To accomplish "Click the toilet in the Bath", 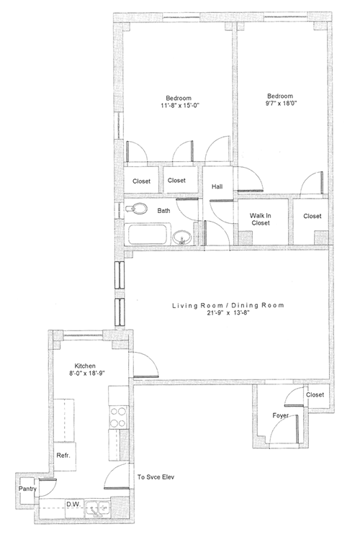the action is click(x=136, y=209).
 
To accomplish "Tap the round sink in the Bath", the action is click(x=182, y=238).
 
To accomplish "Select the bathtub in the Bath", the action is click(x=150, y=234).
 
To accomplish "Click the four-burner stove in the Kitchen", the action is click(x=118, y=417).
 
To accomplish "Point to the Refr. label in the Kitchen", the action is click(x=63, y=455).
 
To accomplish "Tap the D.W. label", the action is click(x=73, y=504).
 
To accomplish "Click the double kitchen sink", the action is click(x=98, y=509).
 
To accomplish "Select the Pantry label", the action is click(x=27, y=489).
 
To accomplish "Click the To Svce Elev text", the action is click(x=156, y=477).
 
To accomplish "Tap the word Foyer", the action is click(x=281, y=415).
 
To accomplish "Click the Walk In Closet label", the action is click(x=261, y=219).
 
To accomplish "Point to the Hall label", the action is click(x=217, y=186).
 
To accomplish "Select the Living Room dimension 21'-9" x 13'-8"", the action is click(x=228, y=313).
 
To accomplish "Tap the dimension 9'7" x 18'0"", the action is click(x=280, y=103).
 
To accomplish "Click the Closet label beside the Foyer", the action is click(x=315, y=394).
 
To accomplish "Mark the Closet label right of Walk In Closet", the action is click(x=312, y=216).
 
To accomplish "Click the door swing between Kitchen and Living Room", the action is click(x=146, y=365).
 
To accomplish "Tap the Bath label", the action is click(x=163, y=210).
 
